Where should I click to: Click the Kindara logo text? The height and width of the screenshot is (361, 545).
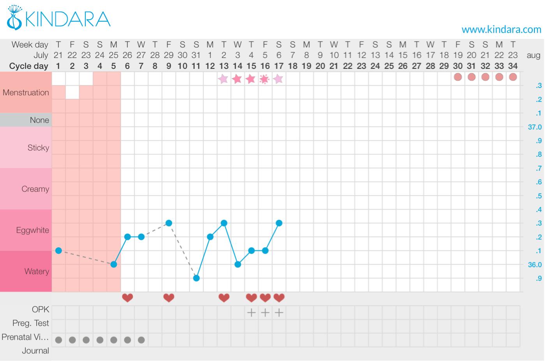point(68,19)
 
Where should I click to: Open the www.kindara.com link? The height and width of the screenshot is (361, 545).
point(501,29)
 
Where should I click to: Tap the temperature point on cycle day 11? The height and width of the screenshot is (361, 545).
point(196,278)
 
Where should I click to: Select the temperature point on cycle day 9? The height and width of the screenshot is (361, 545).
point(169,223)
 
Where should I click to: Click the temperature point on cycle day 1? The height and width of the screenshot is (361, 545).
point(58,251)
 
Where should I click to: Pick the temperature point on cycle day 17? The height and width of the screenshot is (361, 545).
point(279,223)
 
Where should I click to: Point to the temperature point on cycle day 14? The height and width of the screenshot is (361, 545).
point(238,265)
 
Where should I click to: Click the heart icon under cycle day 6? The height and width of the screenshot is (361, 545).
point(127,298)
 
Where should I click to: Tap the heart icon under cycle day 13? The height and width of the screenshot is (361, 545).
point(224,298)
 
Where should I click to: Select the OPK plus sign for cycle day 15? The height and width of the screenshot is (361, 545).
point(251,312)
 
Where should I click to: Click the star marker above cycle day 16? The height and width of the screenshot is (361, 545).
point(265,79)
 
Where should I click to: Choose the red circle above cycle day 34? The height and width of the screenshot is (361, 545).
point(513,77)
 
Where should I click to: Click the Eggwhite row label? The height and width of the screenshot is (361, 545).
point(33,230)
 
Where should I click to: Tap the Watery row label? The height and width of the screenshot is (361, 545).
point(37,271)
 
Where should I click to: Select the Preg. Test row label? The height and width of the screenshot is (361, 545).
point(31,323)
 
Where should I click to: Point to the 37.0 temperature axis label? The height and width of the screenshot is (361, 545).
point(534,127)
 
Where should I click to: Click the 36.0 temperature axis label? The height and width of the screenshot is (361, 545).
point(534,265)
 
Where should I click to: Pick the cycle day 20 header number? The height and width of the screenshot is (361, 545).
point(320,66)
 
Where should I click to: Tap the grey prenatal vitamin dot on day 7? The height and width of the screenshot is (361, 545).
point(141,340)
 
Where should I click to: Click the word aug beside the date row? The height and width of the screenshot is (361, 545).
point(533,55)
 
